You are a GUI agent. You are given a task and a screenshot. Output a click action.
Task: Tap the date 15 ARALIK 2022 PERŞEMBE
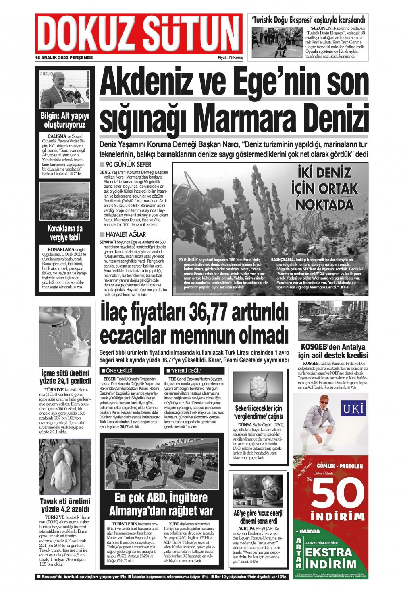[x=64, y=58]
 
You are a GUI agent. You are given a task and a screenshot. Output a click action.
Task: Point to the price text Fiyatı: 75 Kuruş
[x=230, y=58]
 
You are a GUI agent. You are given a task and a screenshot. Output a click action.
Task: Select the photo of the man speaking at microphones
[x=64, y=90]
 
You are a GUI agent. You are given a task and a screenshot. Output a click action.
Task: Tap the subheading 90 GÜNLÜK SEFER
[x=128, y=165]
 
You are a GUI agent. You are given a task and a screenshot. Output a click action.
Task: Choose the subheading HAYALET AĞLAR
[x=126, y=234]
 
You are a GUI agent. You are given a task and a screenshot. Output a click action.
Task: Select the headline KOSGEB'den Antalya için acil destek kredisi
[x=333, y=351]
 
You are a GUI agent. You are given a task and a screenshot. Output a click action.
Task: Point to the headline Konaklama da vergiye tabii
[x=65, y=233]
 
